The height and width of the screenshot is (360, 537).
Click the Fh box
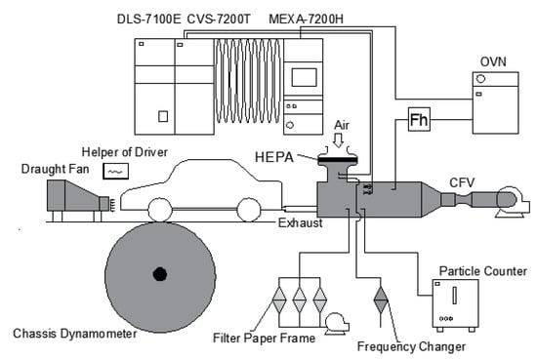coord(419,119)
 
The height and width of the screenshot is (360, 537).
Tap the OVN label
coord(493,61)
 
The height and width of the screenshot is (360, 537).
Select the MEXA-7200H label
coord(306,20)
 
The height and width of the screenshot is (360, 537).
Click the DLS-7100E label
coord(148,20)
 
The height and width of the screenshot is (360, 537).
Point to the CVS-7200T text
coord(219,20)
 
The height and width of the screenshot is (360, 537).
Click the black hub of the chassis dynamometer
coord(160,274)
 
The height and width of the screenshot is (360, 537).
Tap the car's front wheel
coord(160,210)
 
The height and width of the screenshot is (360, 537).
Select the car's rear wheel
coord(249,210)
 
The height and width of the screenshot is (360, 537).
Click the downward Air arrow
coord(339,140)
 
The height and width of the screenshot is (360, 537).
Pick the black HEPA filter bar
coord(338,159)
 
